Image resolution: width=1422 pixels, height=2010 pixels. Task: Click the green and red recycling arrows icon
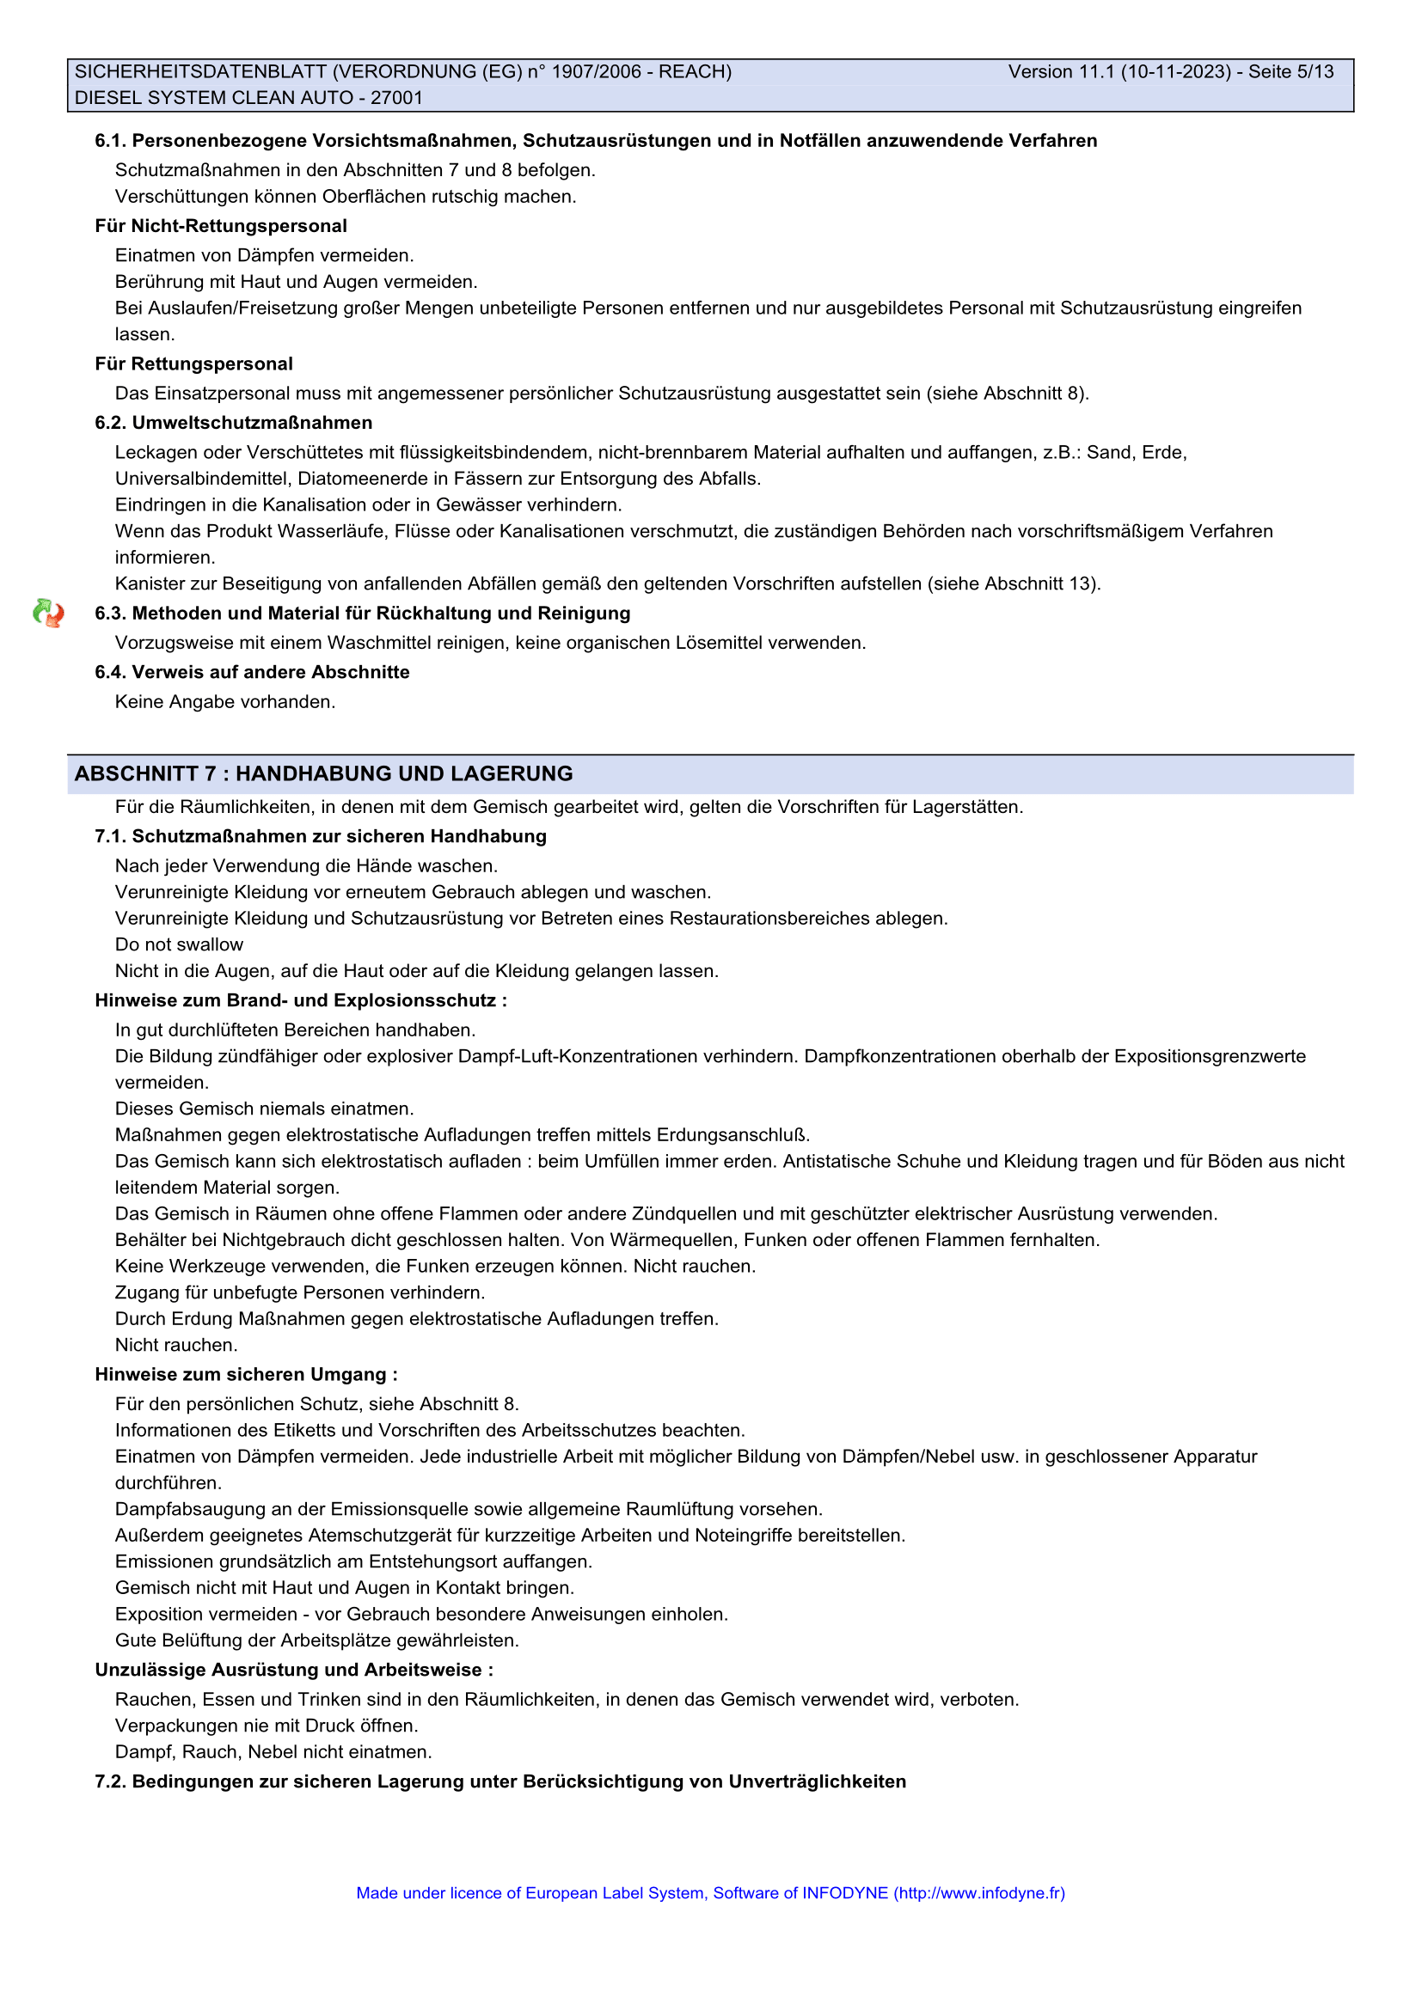pos(48,613)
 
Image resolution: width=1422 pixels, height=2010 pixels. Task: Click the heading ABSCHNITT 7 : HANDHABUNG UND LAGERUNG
pos(323,774)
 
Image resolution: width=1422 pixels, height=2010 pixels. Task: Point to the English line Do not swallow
pos(179,944)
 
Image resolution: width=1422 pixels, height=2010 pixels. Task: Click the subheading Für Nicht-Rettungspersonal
pos(221,226)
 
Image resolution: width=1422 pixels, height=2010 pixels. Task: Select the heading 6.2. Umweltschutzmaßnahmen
pos(233,423)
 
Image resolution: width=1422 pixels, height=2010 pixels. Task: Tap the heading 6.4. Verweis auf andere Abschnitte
pos(252,672)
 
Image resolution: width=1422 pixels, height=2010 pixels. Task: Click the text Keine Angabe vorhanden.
pos(225,702)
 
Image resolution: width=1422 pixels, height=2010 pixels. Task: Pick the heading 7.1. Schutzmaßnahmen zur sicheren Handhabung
pos(321,836)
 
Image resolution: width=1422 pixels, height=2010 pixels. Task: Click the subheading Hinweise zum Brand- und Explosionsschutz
pos(300,1000)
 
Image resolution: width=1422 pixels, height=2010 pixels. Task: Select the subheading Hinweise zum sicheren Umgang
pos(246,1374)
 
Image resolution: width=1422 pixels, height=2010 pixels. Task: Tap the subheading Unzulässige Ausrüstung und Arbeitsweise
pos(293,1670)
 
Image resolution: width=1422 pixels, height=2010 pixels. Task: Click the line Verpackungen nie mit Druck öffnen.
pos(267,1726)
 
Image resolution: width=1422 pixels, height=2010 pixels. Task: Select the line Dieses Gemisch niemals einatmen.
pos(264,1109)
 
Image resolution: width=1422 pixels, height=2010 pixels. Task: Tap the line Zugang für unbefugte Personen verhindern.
pos(299,1292)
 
